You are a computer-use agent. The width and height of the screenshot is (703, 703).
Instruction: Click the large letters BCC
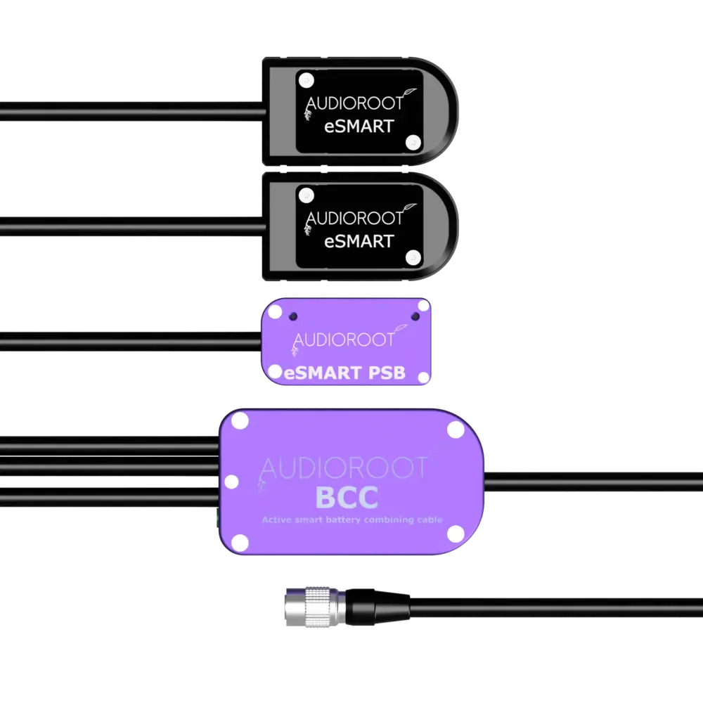coord(347,498)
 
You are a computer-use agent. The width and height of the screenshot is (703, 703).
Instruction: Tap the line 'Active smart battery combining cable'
coord(351,520)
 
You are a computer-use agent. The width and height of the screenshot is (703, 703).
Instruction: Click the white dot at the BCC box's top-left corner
coord(240,422)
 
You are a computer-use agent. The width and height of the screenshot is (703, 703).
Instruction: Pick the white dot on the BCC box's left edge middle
coord(231,482)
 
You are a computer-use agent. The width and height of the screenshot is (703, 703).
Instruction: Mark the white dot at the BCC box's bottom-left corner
coord(240,541)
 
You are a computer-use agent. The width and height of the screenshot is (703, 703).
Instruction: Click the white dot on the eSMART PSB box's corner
coord(423,305)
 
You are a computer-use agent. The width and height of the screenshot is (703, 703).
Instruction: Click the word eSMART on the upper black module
coord(359,128)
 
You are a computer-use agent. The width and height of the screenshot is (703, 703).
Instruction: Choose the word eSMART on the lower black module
coord(359,240)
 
